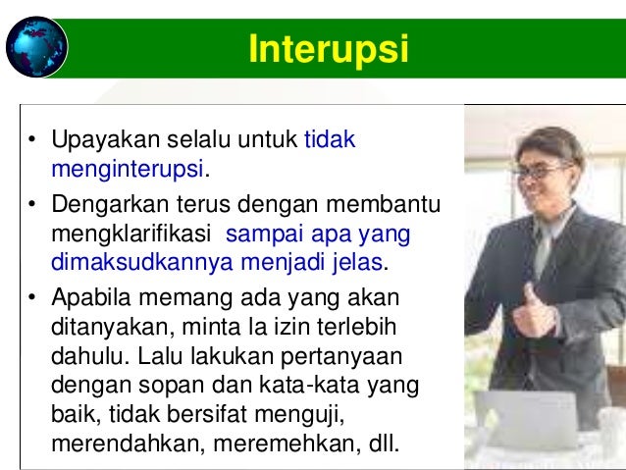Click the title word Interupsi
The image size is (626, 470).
[328, 48]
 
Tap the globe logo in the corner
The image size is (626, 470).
[36, 45]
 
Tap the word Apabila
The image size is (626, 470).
[87, 298]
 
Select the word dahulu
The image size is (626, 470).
[81, 354]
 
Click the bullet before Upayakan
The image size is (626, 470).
[32, 141]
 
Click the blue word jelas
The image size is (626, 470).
[357, 263]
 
